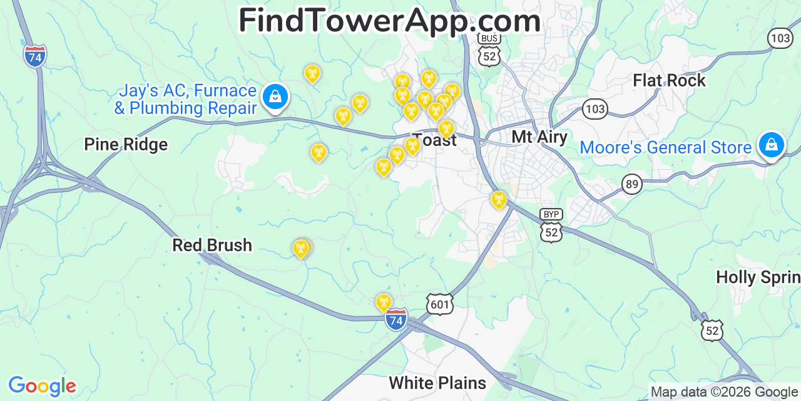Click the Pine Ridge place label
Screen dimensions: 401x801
click(x=126, y=145)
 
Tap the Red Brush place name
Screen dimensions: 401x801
click(x=212, y=245)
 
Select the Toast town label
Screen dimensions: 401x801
click(x=436, y=140)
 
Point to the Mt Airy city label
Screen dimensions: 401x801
click(x=539, y=137)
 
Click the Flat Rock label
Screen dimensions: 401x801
click(x=669, y=81)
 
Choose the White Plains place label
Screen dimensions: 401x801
click(x=437, y=383)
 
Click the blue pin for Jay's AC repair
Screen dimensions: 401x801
click(x=275, y=96)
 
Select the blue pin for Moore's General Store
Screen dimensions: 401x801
click(x=771, y=145)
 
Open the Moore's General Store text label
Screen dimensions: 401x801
click(x=665, y=148)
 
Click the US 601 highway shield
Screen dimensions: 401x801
click(x=440, y=305)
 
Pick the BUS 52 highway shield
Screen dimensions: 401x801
click(x=489, y=49)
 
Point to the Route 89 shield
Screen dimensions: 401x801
click(x=632, y=184)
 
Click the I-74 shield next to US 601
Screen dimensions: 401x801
click(x=395, y=320)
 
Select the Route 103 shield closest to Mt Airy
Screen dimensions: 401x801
click(x=594, y=110)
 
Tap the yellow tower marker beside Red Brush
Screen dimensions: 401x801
click(x=302, y=249)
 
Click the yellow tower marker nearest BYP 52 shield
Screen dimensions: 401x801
click(x=498, y=200)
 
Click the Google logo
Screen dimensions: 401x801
click(x=41, y=386)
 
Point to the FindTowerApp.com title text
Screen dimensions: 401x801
click(x=389, y=21)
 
